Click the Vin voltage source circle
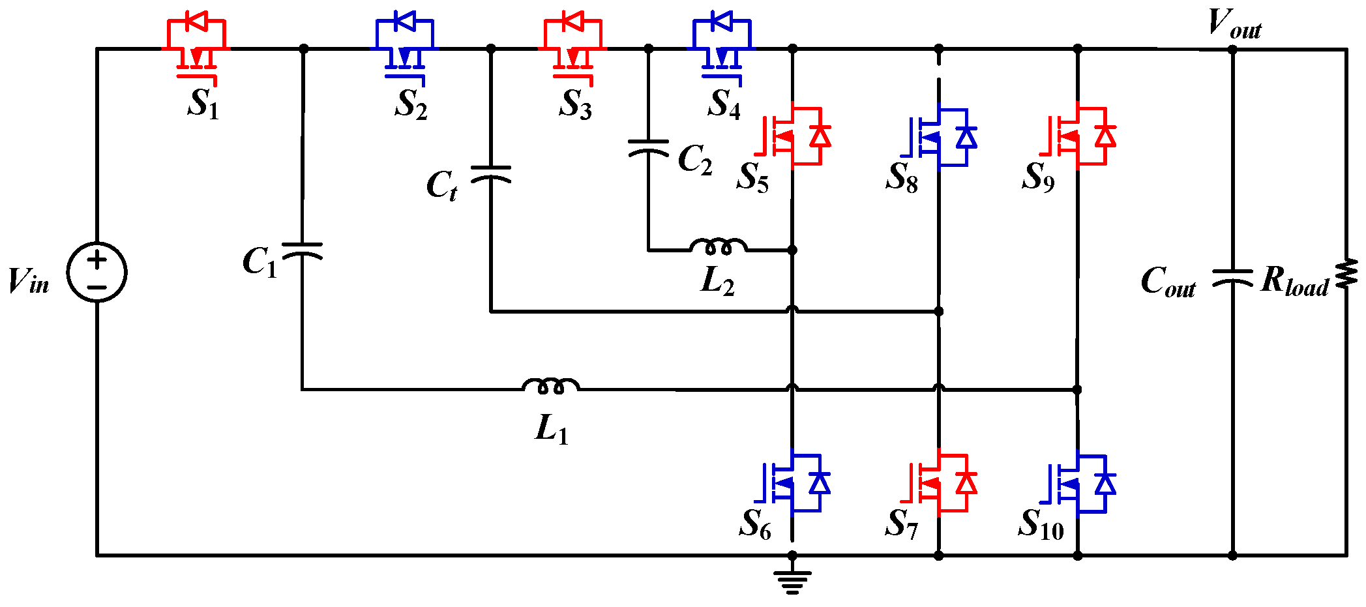click(x=97, y=272)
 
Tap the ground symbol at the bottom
click(x=792, y=580)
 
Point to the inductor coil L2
click(x=719, y=246)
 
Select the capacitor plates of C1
click(x=302, y=250)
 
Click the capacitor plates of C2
click(x=648, y=147)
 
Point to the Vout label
click(x=1234, y=25)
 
